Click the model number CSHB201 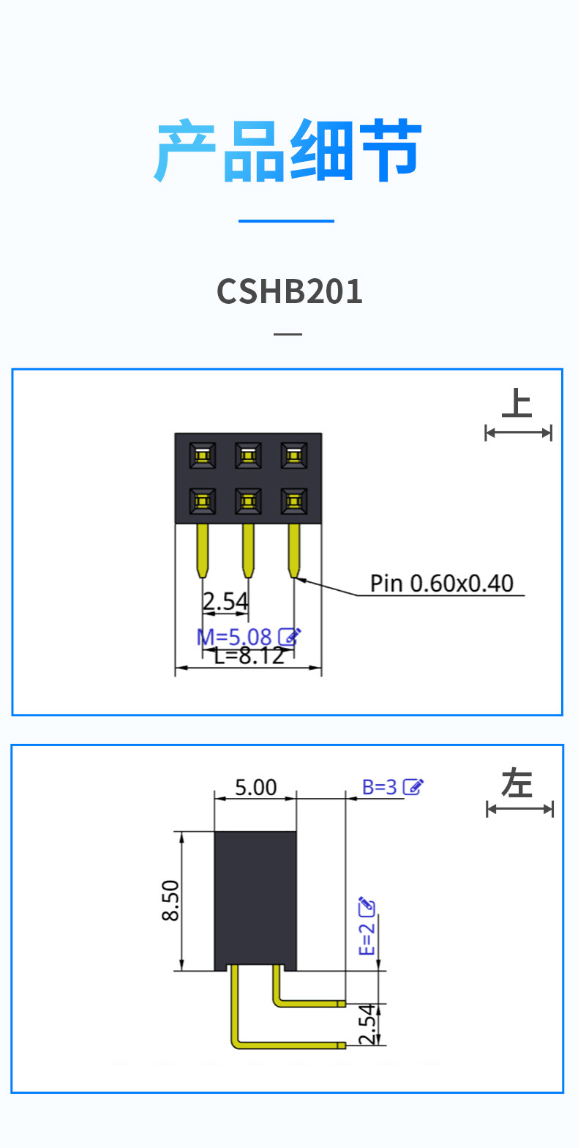[290, 291]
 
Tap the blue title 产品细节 [288, 152]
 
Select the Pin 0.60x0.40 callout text [441, 584]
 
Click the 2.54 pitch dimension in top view [225, 602]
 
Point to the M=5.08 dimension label [234, 637]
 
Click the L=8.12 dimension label [249, 656]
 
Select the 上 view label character [517, 404]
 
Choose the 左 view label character [517, 783]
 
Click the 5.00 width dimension [255, 787]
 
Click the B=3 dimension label [379, 787]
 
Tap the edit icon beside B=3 [413, 787]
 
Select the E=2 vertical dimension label [367, 939]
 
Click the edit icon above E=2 [367, 906]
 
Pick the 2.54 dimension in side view [368, 1024]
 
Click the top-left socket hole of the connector [203, 456]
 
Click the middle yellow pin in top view [248, 549]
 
